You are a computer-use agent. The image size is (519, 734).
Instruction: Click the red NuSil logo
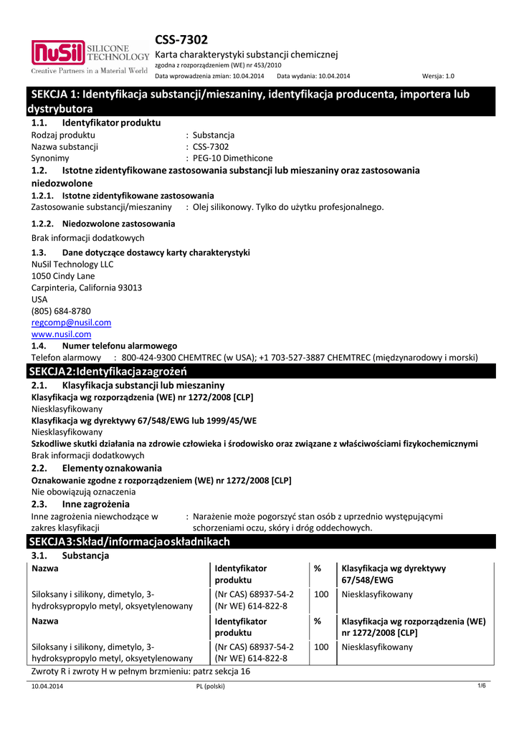click(57, 53)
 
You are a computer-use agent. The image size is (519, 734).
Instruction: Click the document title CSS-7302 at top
click(181, 39)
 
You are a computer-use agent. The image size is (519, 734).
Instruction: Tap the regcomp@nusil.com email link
click(71, 323)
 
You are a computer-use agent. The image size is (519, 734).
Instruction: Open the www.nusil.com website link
click(61, 334)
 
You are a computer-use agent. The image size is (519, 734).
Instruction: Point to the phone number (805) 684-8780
click(61, 311)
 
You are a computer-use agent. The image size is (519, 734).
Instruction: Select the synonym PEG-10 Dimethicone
click(232, 158)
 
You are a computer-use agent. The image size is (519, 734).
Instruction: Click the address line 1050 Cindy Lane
click(63, 276)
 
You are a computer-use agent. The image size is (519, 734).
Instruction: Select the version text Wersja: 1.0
click(438, 75)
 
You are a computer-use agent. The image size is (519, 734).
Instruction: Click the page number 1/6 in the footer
click(482, 686)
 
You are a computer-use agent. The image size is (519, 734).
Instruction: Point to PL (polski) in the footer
click(210, 687)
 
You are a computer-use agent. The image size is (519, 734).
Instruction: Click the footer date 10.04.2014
click(47, 687)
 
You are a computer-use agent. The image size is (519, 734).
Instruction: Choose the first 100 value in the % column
click(321, 594)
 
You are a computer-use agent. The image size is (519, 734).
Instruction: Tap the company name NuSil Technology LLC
click(72, 264)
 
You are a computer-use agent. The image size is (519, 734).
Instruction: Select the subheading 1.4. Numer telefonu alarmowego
click(104, 345)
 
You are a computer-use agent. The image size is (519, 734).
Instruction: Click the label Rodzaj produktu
click(64, 135)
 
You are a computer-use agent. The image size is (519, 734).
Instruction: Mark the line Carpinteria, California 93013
click(87, 287)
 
